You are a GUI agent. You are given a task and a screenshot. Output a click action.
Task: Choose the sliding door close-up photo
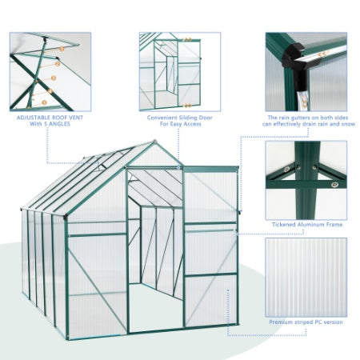169,71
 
